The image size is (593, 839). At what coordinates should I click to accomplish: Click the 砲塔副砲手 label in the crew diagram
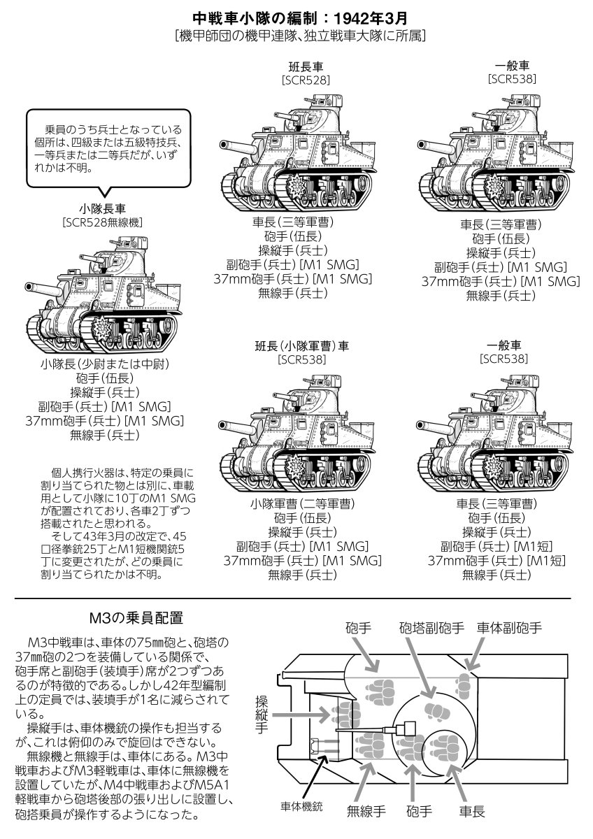[431, 627]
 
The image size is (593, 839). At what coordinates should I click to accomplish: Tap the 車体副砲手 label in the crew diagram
[509, 627]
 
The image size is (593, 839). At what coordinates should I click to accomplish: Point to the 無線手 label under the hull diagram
[366, 812]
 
